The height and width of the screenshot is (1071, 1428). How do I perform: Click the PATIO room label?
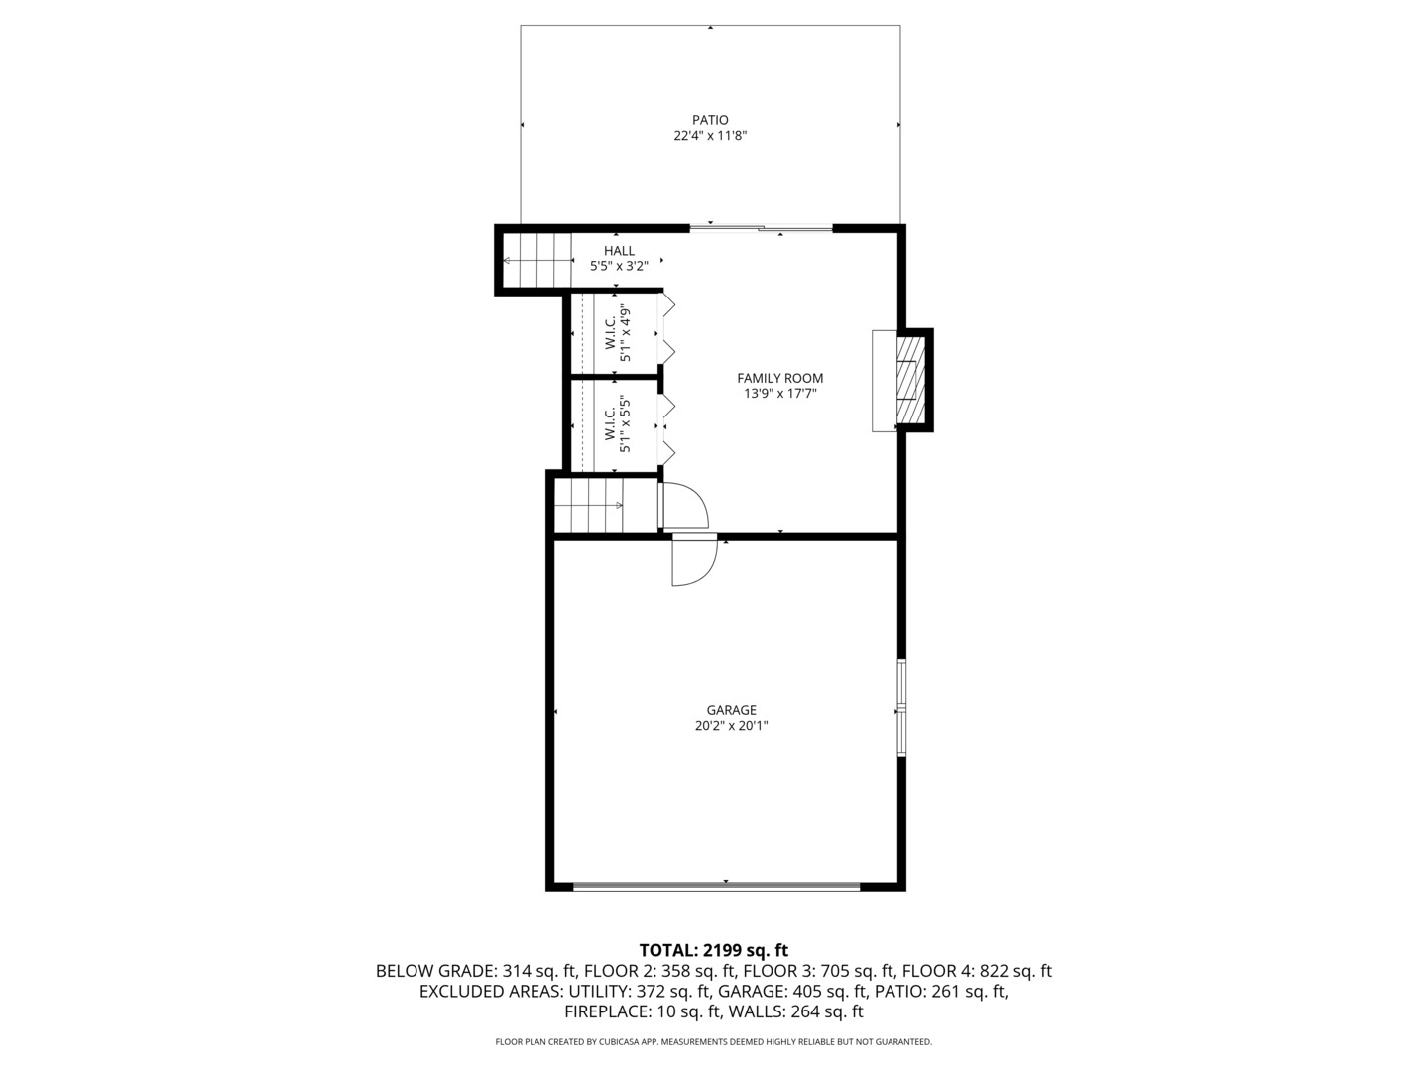tap(710, 120)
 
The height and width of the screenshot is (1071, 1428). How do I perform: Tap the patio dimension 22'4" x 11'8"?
tap(710, 136)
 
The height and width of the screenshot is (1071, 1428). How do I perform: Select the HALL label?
tap(619, 251)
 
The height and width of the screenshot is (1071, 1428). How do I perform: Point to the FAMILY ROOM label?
tap(779, 378)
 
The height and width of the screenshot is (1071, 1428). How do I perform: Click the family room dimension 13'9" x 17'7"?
tap(779, 394)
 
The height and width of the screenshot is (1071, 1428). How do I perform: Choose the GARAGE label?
tap(731, 710)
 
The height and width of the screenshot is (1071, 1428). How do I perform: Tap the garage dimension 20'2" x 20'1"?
tap(731, 726)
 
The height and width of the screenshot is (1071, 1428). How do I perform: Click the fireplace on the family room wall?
tap(907, 380)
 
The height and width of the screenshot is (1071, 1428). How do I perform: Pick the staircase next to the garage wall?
tap(589, 505)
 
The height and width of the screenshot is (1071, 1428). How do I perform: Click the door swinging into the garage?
tap(693, 561)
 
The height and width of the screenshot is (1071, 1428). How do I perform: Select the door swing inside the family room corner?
tap(683, 505)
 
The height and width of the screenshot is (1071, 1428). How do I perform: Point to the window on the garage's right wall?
tap(901, 707)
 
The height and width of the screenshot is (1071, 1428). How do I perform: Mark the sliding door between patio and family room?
tap(761, 229)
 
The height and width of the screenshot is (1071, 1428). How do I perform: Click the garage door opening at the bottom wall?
tap(717, 886)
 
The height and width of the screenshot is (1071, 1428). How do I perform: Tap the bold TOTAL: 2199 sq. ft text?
tap(713, 950)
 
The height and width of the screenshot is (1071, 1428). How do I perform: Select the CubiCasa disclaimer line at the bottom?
tap(713, 1042)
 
